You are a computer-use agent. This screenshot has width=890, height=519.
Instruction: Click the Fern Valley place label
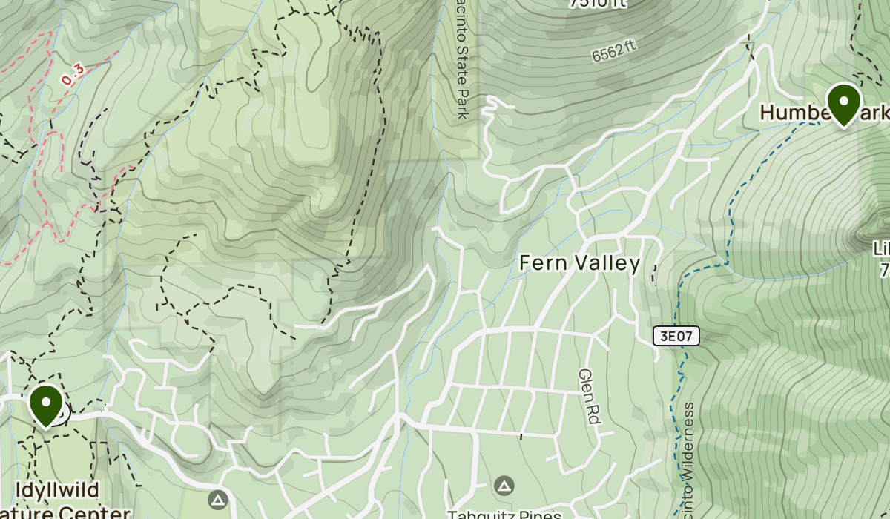click(x=579, y=263)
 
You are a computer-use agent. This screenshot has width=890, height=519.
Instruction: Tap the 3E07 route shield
click(x=676, y=336)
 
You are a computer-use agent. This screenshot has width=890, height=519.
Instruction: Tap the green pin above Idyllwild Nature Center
click(x=46, y=404)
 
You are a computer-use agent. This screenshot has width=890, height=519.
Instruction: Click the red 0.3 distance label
click(x=73, y=74)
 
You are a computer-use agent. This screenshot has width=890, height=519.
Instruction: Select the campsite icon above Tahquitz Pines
click(x=504, y=486)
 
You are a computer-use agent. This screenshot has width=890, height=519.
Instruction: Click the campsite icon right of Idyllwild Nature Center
click(x=217, y=499)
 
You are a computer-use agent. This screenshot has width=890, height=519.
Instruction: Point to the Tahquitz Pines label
click(x=504, y=514)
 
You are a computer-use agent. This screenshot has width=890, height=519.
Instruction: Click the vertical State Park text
click(x=462, y=59)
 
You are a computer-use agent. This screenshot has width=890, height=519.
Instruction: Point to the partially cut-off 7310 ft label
click(x=597, y=4)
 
